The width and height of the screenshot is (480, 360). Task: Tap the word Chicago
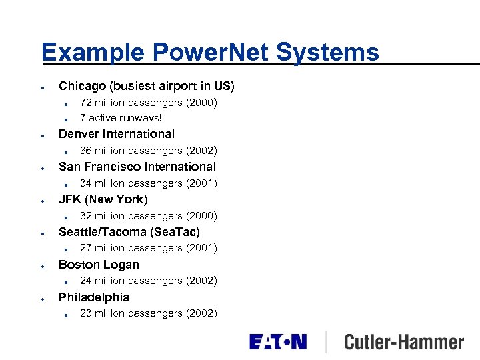[x=83, y=86]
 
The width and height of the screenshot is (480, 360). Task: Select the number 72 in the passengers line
[x=86, y=103]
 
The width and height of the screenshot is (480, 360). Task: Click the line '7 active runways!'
[x=121, y=118]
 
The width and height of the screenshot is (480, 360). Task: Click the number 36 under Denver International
[x=86, y=151]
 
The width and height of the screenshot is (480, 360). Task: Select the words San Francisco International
[x=137, y=167]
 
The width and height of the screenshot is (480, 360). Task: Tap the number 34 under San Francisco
[x=86, y=183]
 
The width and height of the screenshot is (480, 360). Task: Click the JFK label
[x=70, y=199]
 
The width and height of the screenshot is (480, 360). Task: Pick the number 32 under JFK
[x=86, y=216]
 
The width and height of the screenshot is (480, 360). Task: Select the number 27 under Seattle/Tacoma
[x=86, y=248]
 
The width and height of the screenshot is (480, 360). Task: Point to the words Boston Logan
[x=99, y=265]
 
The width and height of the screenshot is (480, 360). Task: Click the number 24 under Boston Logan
[x=86, y=281]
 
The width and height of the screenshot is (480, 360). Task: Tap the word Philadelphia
[x=94, y=297]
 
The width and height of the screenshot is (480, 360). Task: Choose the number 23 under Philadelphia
[x=86, y=313]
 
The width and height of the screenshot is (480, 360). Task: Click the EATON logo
[x=278, y=342]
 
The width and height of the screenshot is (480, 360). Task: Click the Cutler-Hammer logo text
[x=403, y=343]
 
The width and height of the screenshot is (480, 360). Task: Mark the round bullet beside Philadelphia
[x=42, y=299]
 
